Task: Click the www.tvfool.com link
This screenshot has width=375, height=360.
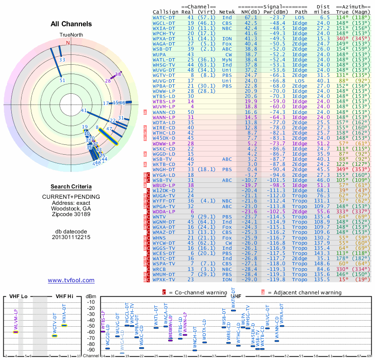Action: (x=71, y=280)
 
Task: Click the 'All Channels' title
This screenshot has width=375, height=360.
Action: (x=71, y=24)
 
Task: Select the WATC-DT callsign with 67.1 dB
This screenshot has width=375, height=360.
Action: (x=165, y=17)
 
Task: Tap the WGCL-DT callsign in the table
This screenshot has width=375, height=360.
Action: (x=165, y=22)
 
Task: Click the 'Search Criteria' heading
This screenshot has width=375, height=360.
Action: (x=71, y=187)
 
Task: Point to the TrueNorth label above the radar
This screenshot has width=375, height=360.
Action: (x=71, y=35)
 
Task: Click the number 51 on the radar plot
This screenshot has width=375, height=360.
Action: (x=62, y=81)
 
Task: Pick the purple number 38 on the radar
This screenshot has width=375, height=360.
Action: (x=118, y=74)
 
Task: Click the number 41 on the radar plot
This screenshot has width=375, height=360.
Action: (x=84, y=111)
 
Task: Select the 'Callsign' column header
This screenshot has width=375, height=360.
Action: (x=166, y=12)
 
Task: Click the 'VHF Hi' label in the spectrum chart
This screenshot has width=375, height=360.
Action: (x=65, y=296)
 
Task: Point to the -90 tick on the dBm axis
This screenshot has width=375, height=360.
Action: (x=91, y=350)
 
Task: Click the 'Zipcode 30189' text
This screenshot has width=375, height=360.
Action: (x=71, y=214)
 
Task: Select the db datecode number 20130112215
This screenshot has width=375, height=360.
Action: (x=71, y=237)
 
